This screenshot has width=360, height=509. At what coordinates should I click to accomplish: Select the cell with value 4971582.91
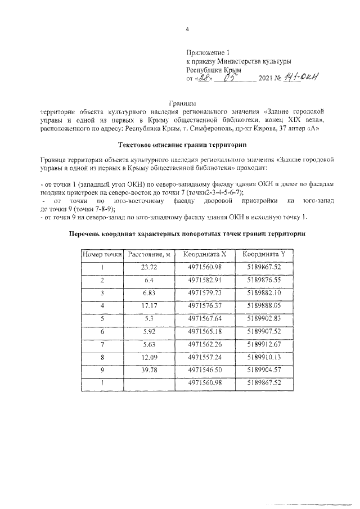(x=205, y=280)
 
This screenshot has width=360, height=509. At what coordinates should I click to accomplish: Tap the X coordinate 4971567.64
(x=205, y=318)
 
